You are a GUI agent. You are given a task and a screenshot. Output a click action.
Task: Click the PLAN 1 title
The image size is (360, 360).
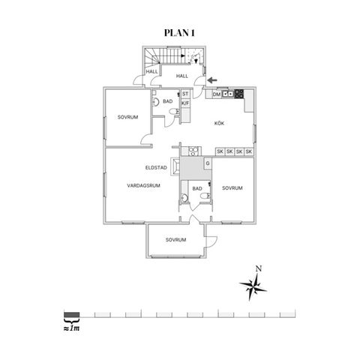179,33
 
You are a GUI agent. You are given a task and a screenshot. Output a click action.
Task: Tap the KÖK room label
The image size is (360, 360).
219,123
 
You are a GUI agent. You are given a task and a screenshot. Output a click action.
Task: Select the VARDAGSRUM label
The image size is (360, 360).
143,185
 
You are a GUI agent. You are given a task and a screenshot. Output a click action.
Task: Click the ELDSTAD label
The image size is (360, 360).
156,168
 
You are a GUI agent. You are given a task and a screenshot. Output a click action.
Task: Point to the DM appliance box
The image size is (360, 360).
217,94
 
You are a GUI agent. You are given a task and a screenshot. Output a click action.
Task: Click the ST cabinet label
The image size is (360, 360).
185,94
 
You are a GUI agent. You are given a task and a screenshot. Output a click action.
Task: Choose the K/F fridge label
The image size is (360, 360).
185,103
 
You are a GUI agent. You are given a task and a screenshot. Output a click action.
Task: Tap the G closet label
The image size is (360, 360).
208,163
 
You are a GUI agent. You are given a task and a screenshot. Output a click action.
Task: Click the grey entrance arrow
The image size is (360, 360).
212,80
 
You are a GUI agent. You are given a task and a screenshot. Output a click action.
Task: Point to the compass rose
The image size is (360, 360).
253,287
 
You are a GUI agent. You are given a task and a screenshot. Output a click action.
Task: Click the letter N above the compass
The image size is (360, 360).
259,269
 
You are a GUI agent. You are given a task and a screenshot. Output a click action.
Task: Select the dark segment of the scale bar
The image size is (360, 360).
72,314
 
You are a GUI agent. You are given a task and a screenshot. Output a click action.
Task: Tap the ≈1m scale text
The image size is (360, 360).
72,328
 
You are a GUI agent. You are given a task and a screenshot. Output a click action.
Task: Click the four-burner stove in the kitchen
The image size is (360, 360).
239,94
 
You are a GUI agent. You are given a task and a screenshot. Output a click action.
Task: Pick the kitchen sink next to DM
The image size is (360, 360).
228,94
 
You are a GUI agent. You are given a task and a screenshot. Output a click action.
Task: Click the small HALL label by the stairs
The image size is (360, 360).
152,71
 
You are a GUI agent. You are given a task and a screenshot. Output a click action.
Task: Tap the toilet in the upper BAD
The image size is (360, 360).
174,112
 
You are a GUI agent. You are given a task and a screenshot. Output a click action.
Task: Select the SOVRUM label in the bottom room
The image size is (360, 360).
175,240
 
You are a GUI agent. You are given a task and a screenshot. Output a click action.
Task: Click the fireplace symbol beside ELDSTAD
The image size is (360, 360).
175,166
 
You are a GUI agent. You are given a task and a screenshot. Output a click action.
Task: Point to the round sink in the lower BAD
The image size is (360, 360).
184,198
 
